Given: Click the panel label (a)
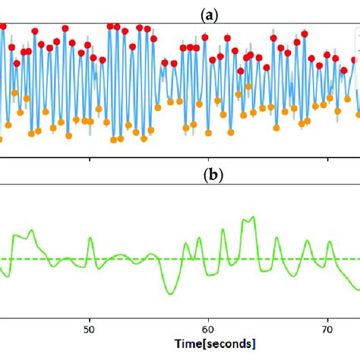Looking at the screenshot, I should point(180,11).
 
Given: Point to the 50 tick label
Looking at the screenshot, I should point(90,330).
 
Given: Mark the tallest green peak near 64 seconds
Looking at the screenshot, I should point(252,218).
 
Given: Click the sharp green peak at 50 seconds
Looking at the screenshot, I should point(90,238).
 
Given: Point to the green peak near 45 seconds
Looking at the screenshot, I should point(31,230).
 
